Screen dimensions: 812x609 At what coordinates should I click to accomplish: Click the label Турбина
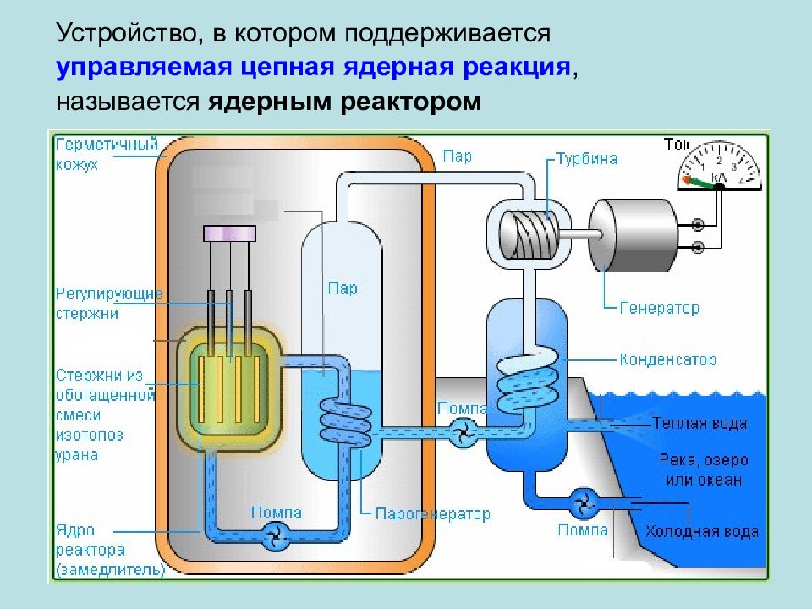(x=587, y=158)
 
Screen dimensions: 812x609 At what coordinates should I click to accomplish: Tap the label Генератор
(x=659, y=308)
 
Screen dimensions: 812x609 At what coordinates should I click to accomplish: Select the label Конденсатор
(x=668, y=359)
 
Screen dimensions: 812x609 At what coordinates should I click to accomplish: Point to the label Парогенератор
(x=432, y=513)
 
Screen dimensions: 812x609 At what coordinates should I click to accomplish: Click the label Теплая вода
(x=700, y=424)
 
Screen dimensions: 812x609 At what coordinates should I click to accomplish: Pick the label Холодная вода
(x=702, y=531)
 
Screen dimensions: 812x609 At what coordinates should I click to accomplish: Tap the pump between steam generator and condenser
(x=464, y=432)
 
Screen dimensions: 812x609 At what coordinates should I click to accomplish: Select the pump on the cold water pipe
(x=584, y=503)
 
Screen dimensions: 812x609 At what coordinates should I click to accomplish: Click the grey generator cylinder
(x=633, y=235)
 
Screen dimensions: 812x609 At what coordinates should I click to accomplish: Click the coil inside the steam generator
(x=345, y=422)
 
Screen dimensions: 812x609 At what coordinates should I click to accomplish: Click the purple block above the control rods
(x=229, y=233)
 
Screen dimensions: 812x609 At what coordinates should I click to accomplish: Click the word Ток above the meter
(x=677, y=145)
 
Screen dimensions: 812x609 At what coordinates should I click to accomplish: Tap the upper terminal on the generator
(x=698, y=225)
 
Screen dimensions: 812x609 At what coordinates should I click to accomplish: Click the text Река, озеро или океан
(x=704, y=469)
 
